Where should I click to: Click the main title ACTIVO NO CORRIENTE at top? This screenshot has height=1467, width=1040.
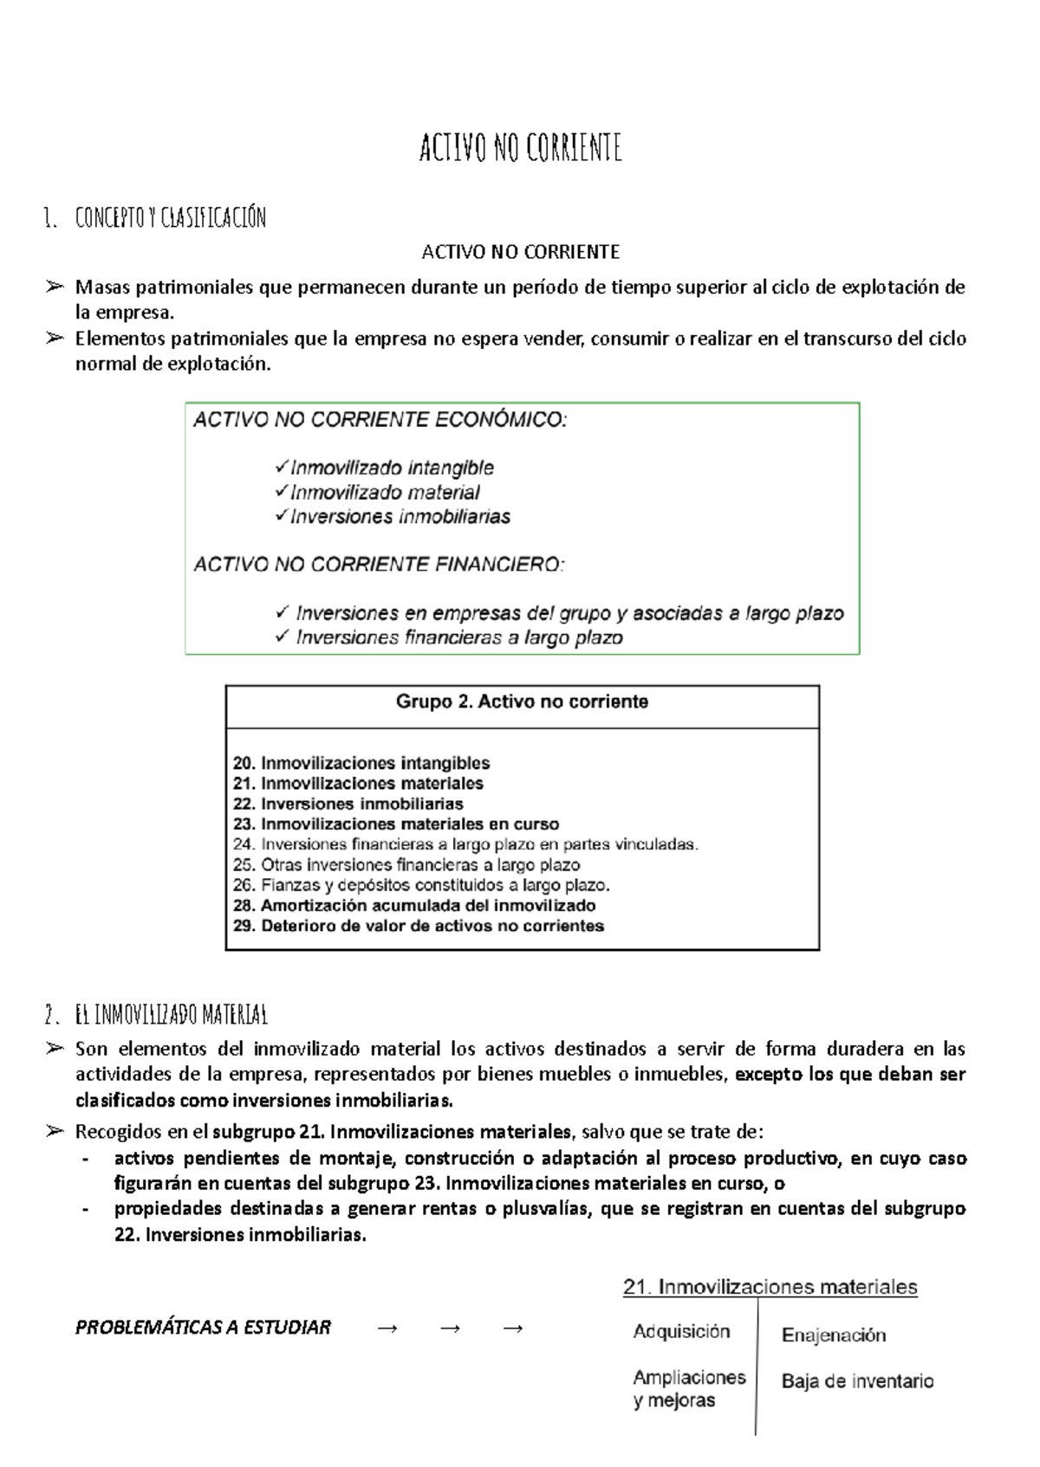(520, 148)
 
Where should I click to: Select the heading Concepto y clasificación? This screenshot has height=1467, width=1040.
(170, 217)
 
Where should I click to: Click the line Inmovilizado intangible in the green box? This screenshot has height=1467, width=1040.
(392, 468)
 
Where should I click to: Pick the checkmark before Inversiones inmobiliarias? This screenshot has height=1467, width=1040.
(281, 515)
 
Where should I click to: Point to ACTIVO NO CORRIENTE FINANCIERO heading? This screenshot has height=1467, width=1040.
(379, 565)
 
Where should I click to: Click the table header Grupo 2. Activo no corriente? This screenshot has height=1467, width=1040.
(522, 701)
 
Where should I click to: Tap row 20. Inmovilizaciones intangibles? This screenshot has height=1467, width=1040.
(361, 763)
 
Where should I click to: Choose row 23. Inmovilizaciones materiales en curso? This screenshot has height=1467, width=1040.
(396, 824)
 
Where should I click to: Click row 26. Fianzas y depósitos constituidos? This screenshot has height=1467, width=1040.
(421, 885)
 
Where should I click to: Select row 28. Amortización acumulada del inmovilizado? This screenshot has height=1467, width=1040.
(414, 906)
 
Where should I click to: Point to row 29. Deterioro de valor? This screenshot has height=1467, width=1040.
(419, 926)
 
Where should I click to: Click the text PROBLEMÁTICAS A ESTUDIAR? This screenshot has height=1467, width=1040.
(203, 1328)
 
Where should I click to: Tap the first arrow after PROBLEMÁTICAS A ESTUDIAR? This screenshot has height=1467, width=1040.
(387, 1328)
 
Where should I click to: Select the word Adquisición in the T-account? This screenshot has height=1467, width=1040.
(681, 1332)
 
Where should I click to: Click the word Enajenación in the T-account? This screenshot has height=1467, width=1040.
(834, 1335)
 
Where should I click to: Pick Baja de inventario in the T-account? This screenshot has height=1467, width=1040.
(857, 1381)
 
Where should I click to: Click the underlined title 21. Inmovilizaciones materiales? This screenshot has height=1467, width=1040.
(770, 1287)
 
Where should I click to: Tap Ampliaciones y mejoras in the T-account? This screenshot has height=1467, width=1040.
(689, 1388)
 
